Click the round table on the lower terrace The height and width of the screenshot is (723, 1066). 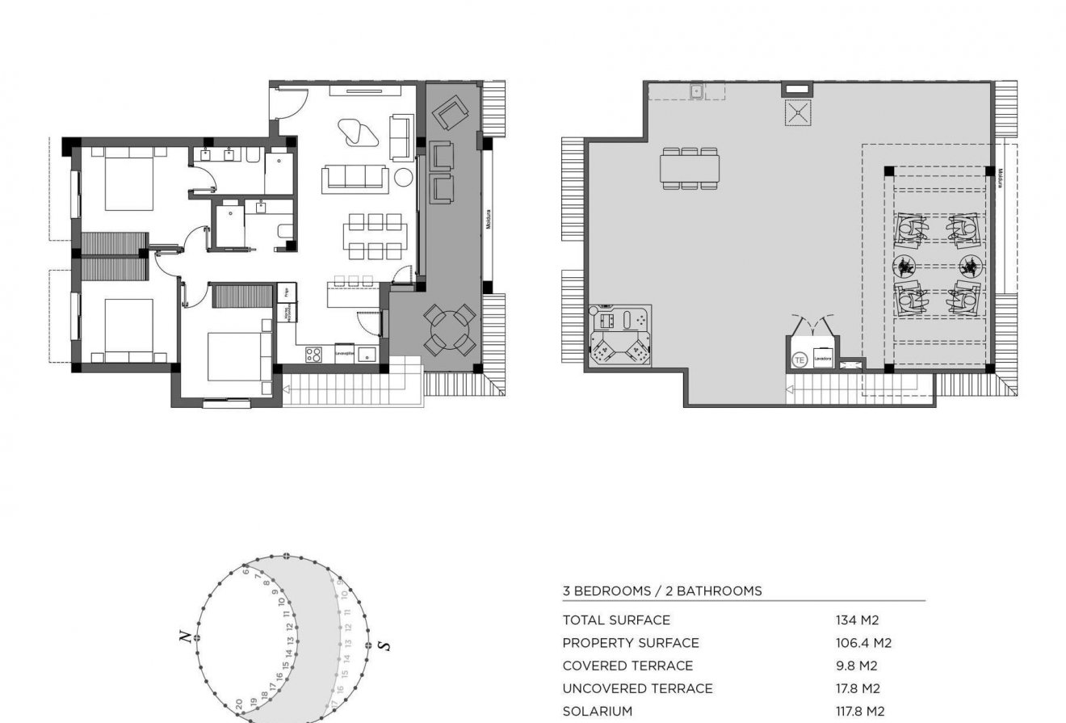pos(450,330)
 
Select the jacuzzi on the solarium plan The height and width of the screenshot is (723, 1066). pos(620,336)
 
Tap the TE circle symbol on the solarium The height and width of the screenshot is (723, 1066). pos(799,360)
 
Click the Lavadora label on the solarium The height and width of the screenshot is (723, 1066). pos(823,356)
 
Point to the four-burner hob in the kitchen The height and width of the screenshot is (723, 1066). pos(314,354)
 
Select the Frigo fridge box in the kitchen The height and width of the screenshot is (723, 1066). pos(283,292)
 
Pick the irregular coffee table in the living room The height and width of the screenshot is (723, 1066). pos(356,132)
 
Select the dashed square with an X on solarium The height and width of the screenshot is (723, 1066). pos(797,112)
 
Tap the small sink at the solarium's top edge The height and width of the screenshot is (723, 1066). pos(696,91)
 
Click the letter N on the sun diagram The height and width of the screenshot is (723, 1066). pos(187,637)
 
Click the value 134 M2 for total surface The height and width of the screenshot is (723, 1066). pos(857,620)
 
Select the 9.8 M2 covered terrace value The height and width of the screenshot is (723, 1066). pos(857,666)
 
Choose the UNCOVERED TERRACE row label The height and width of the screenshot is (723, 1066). pos(637,689)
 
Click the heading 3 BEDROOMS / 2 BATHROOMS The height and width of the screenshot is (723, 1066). pos(661,591)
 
